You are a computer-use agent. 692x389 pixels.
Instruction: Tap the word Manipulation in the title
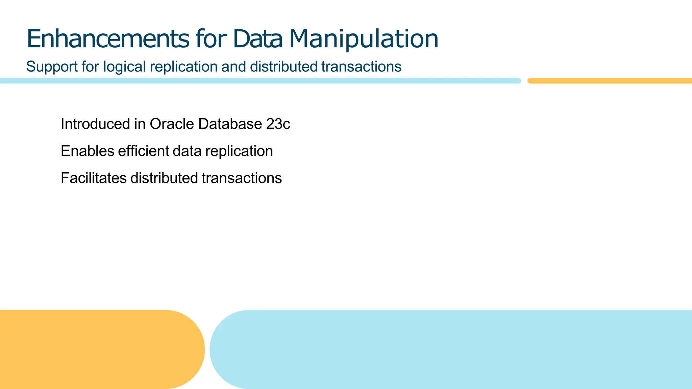pyautogui.click(x=364, y=40)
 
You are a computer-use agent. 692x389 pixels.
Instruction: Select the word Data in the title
pyautogui.click(x=257, y=39)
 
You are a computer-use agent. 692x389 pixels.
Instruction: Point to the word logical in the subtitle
pyautogui.click(x=124, y=67)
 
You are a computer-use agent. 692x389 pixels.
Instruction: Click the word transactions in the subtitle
pyautogui.click(x=362, y=67)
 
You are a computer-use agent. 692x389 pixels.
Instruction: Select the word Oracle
pyautogui.click(x=172, y=124)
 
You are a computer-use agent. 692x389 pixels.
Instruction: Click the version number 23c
pyautogui.click(x=278, y=124)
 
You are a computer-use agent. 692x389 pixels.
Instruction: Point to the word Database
pyautogui.click(x=230, y=124)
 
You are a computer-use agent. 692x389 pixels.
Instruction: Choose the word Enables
pyautogui.click(x=88, y=151)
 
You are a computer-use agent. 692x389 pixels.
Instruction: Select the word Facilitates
pyautogui.click(x=94, y=178)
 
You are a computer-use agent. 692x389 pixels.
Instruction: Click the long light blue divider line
pyautogui.click(x=260, y=81)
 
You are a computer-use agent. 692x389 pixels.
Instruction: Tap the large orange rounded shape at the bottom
pyautogui.click(x=98, y=349)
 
